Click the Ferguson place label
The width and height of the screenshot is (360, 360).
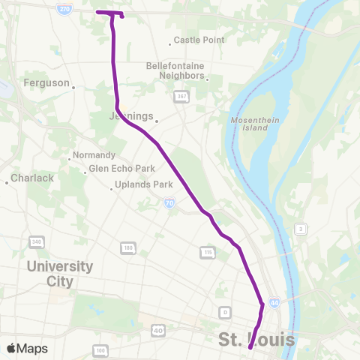point(46,82)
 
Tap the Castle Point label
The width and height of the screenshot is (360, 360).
point(198,40)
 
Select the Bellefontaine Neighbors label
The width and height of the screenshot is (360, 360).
point(175,70)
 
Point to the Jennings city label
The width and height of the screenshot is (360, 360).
point(130,116)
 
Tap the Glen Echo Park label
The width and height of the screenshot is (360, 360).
point(121,168)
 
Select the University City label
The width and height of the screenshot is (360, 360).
point(60,274)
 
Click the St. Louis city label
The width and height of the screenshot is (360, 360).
point(256,340)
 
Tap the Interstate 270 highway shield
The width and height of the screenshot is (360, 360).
point(66,6)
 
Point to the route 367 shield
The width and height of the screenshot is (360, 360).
point(181,96)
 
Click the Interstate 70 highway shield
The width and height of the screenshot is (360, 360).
point(171,202)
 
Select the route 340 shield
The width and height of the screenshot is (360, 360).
point(36,241)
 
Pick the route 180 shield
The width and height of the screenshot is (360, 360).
point(128,247)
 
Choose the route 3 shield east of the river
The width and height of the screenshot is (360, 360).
point(300,229)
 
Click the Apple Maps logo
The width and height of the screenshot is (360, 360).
point(27,348)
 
